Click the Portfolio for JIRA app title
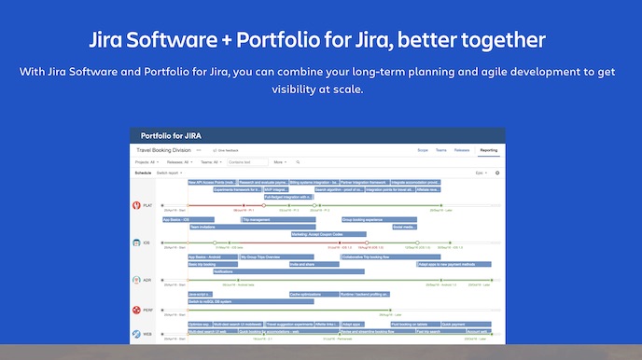point(172,135)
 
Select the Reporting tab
point(488,149)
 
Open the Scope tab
point(422,149)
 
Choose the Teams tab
point(441,149)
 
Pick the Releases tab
point(462,149)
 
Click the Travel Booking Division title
point(163,149)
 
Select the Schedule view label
point(143,173)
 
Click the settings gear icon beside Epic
point(497,173)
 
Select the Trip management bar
point(278,219)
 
